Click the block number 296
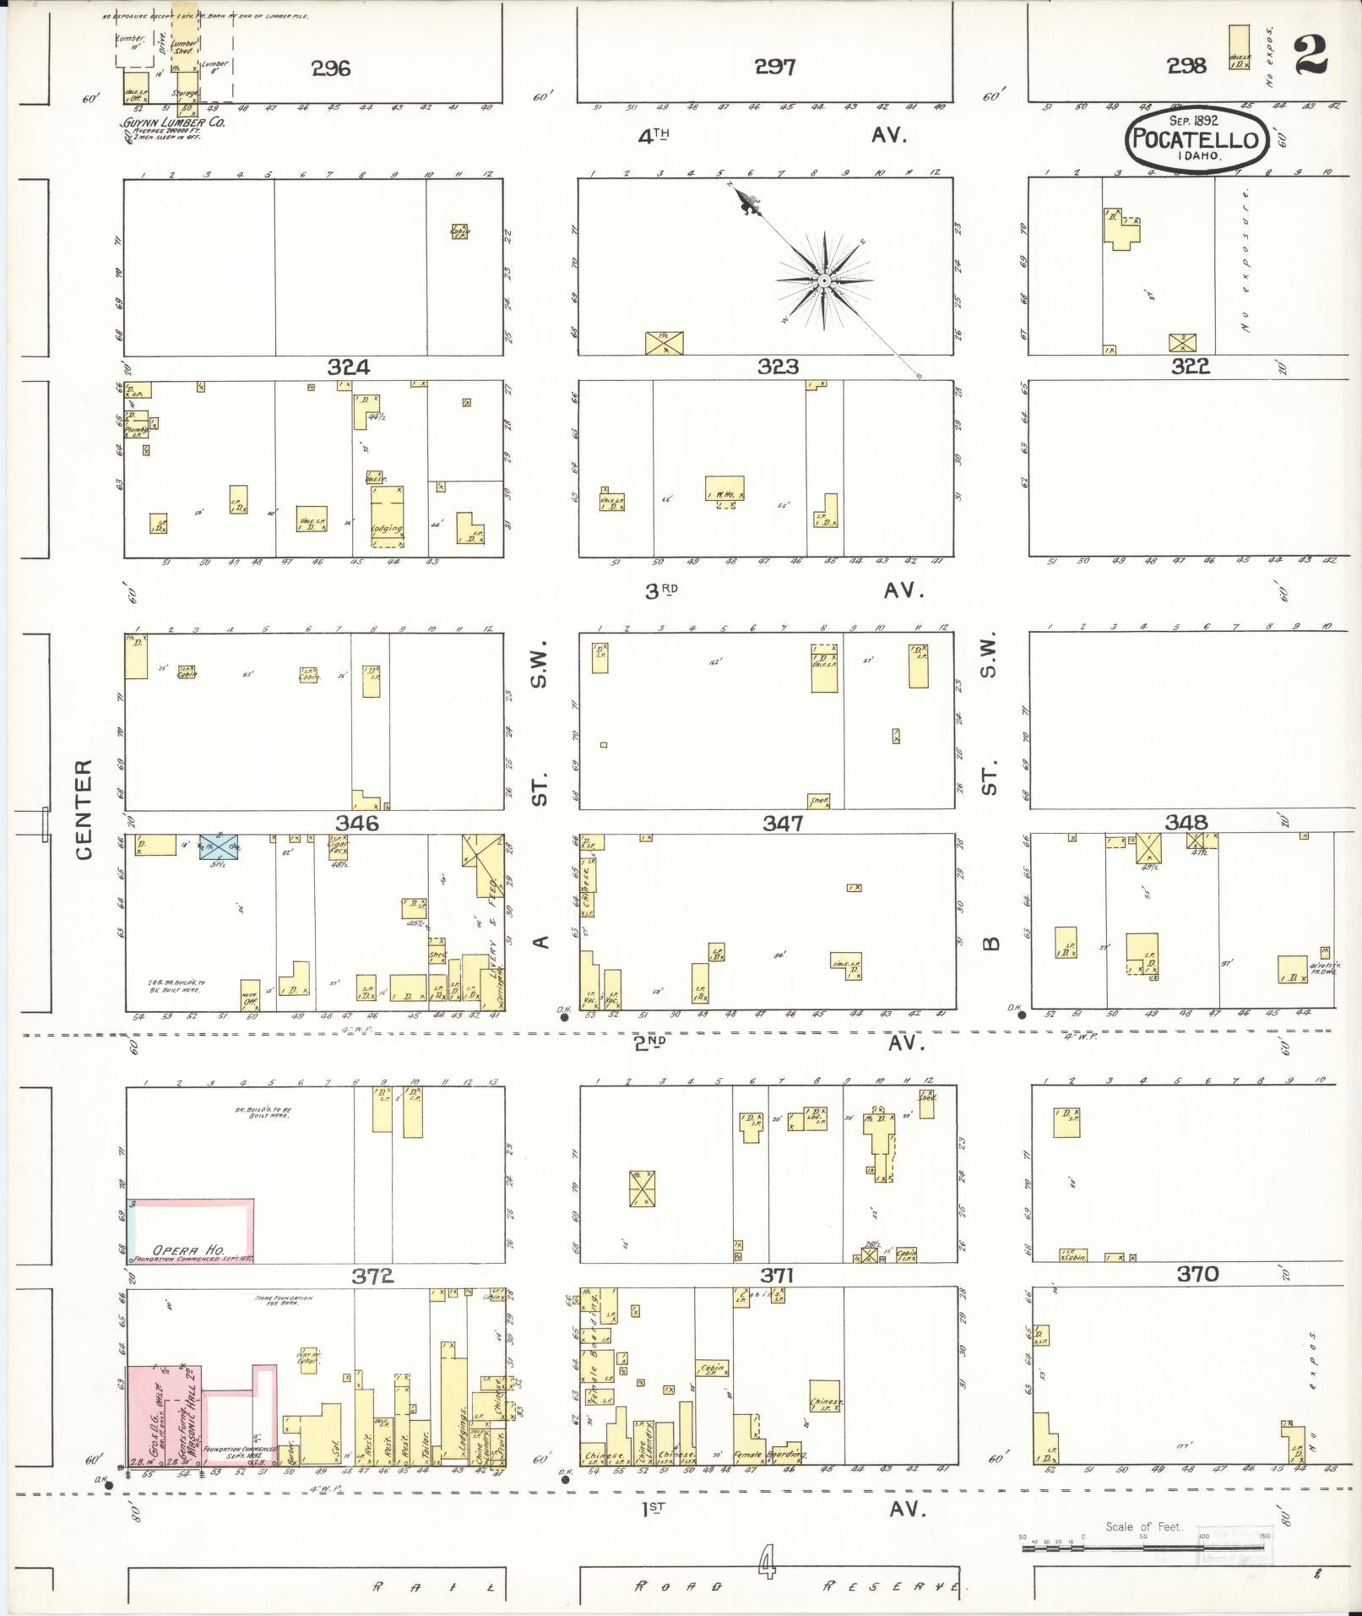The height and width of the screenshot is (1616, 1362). (x=330, y=68)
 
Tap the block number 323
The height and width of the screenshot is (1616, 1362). (x=778, y=367)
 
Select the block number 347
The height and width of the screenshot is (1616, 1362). (x=783, y=823)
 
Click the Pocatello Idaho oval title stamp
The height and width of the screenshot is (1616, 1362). (x=1196, y=140)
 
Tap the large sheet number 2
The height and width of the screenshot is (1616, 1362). (x=1310, y=56)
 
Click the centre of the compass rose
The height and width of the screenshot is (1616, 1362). (x=823, y=280)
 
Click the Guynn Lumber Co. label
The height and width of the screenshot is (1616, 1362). (x=174, y=122)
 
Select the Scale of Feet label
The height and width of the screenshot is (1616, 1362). (x=1143, y=1526)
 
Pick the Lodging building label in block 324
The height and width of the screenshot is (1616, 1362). (x=388, y=529)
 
